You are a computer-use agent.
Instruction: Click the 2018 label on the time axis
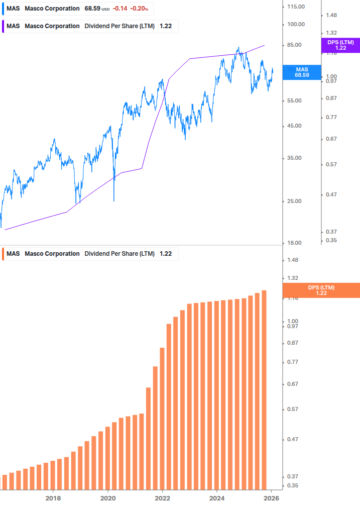click(x=53, y=498)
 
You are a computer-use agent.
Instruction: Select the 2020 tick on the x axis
click(x=108, y=498)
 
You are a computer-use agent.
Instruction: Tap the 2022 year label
click(x=162, y=498)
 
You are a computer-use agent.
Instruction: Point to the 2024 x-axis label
click(x=217, y=498)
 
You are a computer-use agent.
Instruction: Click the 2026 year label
click(x=271, y=498)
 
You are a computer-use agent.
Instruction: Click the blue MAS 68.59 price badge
click(x=302, y=72)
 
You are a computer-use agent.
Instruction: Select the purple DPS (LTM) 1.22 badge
click(x=340, y=45)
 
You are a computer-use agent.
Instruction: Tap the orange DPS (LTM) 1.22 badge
click(x=321, y=290)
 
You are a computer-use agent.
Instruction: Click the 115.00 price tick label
click(x=295, y=6)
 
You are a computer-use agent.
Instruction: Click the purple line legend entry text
click(x=90, y=26)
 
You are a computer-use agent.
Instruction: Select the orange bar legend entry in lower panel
click(x=90, y=254)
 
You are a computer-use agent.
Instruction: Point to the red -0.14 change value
click(x=119, y=9)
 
